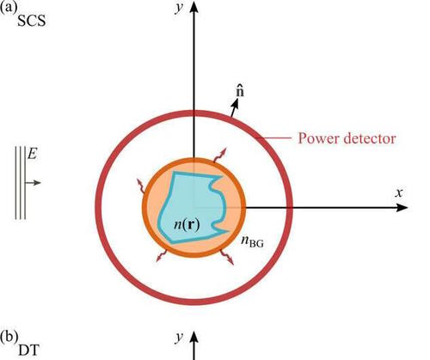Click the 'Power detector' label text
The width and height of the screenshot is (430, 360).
pos(347,138)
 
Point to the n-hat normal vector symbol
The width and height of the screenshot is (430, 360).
pos(241,92)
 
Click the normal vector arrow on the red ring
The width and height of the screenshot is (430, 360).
pos(235,108)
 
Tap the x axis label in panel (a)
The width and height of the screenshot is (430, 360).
pos(399,192)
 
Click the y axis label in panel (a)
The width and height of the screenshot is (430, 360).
pos(179,9)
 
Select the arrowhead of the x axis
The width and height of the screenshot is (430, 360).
pos(402,208)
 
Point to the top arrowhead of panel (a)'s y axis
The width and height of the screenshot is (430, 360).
pos(194,7)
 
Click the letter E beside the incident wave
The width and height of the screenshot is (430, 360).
pos(32,155)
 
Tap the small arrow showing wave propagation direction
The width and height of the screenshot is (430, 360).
pos(33,182)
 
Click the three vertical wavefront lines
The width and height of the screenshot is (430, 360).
pos(21,183)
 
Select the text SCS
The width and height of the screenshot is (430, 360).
pos(32,21)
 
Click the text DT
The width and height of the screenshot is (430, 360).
pos(29,351)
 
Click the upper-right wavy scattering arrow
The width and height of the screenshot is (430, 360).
pos(219,155)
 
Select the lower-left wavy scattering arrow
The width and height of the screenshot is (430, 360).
pos(163,255)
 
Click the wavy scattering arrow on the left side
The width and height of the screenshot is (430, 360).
pos(141,186)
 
